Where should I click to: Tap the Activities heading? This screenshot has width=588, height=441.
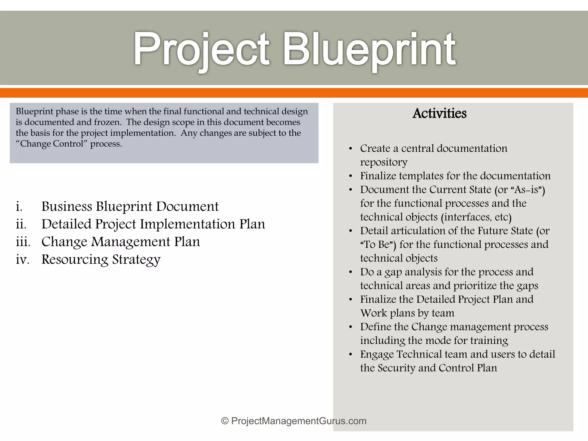click(439, 113)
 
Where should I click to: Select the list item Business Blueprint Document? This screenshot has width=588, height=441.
click(130, 206)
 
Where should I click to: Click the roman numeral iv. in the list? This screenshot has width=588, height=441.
click(22, 259)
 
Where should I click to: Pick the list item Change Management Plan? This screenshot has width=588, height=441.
click(121, 242)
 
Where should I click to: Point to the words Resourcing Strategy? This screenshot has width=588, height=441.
click(101, 259)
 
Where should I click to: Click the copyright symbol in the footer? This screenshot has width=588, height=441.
click(225, 421)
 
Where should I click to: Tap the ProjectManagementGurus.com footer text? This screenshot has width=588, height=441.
click(299, 421)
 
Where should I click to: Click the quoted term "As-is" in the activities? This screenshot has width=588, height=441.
click(527, 190)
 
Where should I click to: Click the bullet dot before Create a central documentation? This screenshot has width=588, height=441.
click(350, 149)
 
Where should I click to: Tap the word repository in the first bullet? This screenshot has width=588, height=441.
click(384, 162)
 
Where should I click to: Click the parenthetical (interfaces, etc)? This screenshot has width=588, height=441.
click(476, 217)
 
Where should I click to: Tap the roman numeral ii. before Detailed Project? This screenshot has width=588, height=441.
click(21, 224)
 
